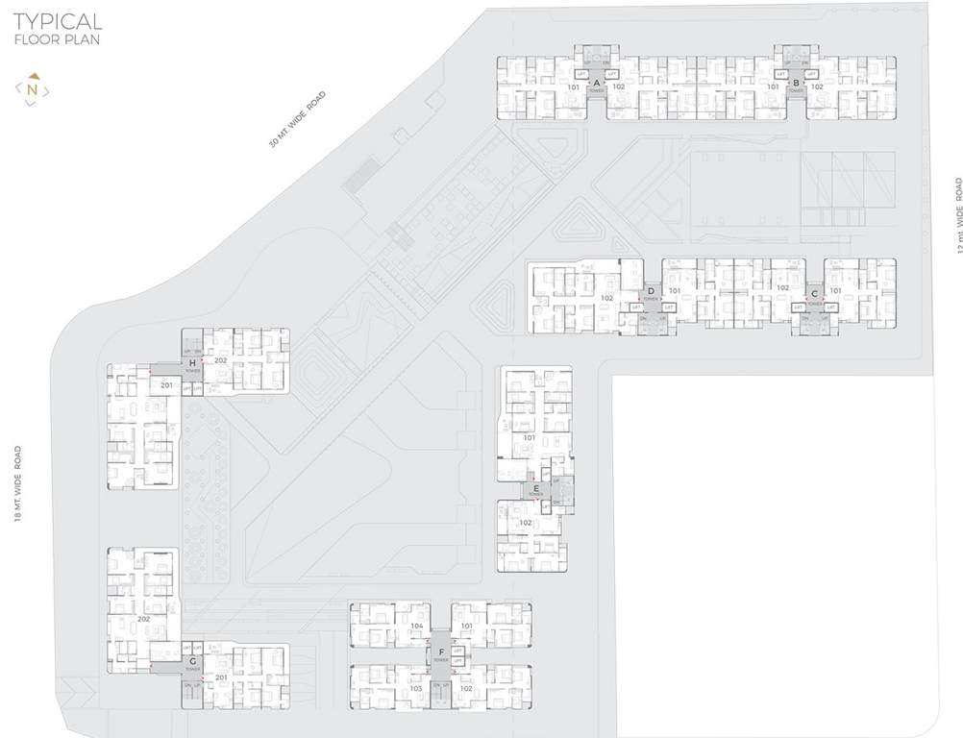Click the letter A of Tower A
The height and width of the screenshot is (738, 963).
coord(596,84)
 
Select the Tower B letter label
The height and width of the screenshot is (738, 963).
coord(796,84)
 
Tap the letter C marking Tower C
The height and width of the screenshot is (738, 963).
coord(815,292)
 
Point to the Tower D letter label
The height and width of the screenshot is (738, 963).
coord(652,290)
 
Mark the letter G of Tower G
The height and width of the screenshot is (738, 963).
coord(193,662)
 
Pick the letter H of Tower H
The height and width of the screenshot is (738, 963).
coord(193,361)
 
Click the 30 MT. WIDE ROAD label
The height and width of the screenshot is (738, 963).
coord(298,118)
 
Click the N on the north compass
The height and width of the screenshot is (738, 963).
coord(33,89)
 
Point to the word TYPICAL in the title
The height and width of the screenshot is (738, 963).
coord(58,20)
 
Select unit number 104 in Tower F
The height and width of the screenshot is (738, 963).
coord(416,626)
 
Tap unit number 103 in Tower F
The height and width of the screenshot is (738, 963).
coord(416,689)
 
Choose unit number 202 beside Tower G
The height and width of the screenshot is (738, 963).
coord(143,619)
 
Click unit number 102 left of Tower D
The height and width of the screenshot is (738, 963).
coord(606,298)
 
